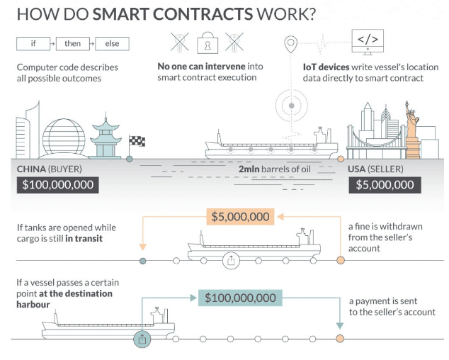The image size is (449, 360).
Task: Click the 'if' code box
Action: point(33,44)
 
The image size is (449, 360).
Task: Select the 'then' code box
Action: point(73,44)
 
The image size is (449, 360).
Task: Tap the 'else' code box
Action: point(113,44)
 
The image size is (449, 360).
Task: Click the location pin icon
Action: point(290,44)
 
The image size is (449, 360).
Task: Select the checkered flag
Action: point(137,142)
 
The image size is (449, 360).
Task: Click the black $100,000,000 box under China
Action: point(56,186)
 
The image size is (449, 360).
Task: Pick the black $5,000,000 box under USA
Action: point(385,186)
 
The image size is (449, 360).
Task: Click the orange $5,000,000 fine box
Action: point(240,217)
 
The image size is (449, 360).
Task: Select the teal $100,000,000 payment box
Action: point(240,298)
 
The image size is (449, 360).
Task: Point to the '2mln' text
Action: point(251,169)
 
